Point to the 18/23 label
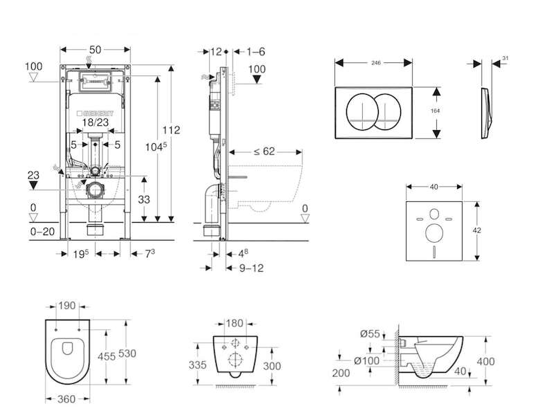pyautogui.click(x=96, y=122)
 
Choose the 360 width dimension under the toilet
pyautogui.click(x=65, y=400)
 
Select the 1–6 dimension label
pyautogui.click(x=256, y=52)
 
